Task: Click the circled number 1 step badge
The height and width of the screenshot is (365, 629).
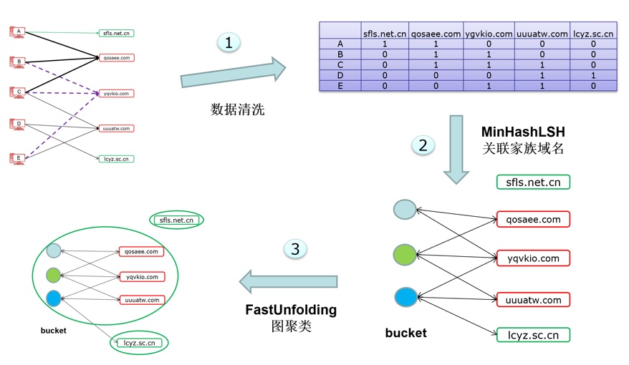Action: point(229,43)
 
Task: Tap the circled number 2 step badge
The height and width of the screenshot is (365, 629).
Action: point(423,145)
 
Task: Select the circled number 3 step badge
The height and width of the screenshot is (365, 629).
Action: point(295,249)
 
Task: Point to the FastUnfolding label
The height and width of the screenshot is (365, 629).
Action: point(291,310)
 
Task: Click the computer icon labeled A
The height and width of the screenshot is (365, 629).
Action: point(18,31)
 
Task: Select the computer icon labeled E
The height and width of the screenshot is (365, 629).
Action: point(18,158)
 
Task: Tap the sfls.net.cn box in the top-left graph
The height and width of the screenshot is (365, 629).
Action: point(116,33)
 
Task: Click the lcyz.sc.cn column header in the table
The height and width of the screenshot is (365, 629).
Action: point(594,33)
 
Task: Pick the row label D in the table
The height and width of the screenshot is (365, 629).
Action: point(340,75)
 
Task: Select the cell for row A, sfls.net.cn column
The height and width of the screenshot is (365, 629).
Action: point(385,44)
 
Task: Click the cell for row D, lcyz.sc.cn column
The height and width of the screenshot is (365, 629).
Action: point(594,75)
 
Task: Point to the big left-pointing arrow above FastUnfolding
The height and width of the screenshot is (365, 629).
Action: point(289,281)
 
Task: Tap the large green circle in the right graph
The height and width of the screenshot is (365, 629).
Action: point(405,255)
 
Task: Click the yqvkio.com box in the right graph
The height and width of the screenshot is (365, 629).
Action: point(533,258)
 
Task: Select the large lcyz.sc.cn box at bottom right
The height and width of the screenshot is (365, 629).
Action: point(533,334)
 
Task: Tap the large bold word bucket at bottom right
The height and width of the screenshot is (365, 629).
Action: point(405,333)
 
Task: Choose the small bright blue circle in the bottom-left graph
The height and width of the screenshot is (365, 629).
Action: point(54,297)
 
